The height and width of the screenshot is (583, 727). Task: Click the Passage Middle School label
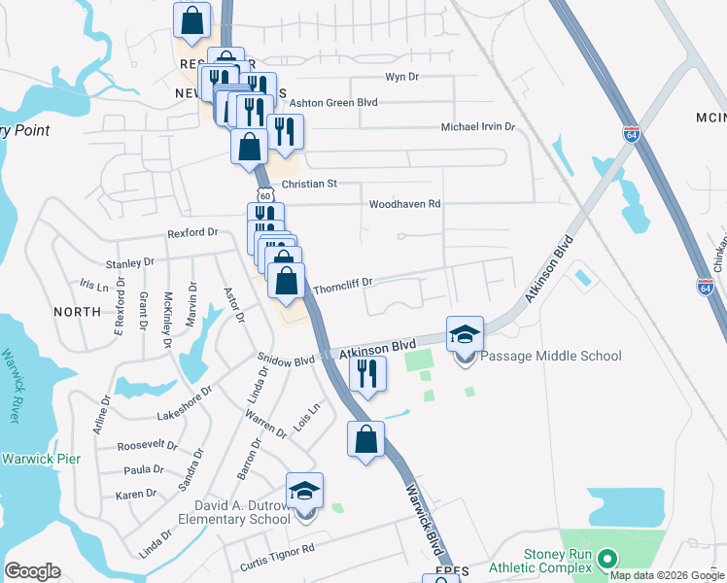(550, 356)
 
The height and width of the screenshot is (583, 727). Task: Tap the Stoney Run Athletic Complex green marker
(608, 558)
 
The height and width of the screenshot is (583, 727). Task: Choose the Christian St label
(308, 183)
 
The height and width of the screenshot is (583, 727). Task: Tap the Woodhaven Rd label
(404, 204)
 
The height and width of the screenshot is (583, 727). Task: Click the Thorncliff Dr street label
(343, 282)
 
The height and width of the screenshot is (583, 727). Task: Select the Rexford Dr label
(192, 233)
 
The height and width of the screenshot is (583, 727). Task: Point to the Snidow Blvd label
(286, 360)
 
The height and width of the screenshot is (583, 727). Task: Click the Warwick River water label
(11, 385)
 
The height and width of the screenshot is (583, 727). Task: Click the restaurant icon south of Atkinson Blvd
(366, 375)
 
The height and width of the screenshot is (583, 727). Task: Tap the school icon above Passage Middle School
(465, 334)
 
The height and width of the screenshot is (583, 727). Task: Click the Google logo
(32, 571)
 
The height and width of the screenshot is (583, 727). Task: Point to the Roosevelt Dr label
(147, 446)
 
